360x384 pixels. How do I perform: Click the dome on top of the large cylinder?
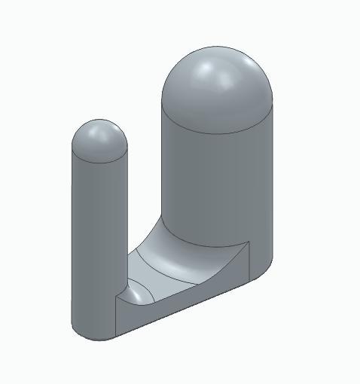[218, 90]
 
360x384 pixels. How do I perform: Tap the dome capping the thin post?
[99, 139]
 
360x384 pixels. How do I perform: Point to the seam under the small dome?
[99, 160]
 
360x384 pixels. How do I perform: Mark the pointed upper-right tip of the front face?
[248, 243]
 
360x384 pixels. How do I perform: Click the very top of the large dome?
[218, 47]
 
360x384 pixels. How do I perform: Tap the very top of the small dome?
[99, 120]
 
